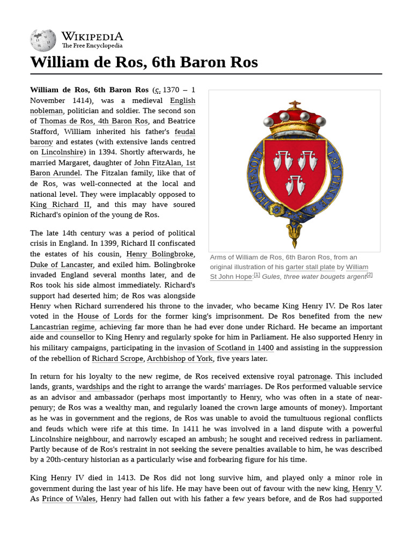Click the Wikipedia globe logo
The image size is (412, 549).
click(43, 40)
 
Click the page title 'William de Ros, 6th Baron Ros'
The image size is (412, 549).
click(144, 62)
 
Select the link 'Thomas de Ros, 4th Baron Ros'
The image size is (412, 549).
click(94, 121)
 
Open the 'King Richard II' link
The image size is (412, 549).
click(60, 205)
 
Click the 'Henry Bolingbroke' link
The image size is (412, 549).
click(159, 254)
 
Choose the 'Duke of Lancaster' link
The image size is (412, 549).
click(62, 265)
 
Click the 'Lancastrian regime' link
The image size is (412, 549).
click(63, 327)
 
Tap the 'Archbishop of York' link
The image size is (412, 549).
click(180, 359)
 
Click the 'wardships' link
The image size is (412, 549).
click(93, 387)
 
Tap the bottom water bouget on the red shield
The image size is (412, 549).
click(295, 186)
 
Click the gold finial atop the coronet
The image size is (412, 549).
click(295, 104)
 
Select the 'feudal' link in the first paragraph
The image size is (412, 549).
click(185, 131)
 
